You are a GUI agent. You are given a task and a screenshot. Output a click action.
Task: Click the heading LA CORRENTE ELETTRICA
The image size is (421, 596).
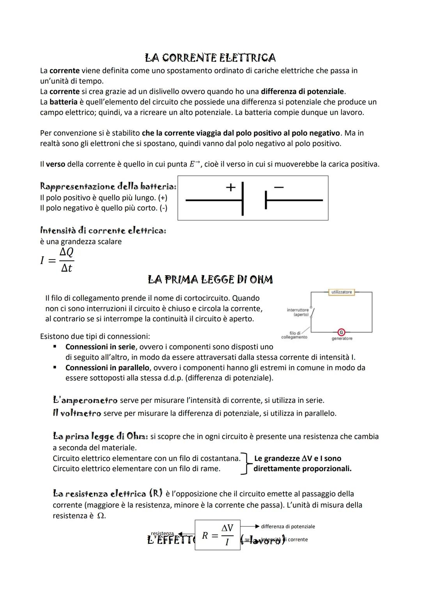[x=210, y=58]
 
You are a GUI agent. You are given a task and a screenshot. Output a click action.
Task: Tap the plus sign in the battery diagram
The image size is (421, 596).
[x=231, y=187]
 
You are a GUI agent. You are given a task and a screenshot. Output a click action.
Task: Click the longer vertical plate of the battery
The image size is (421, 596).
[x=242, y=198]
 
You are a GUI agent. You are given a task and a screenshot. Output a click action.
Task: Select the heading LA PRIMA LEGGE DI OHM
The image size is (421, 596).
[x=210, y=279]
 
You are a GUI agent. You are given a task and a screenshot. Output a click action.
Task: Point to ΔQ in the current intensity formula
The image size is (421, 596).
[x=66, y=252]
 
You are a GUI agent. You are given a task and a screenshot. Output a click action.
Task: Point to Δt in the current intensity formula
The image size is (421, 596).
[x=66, y=268]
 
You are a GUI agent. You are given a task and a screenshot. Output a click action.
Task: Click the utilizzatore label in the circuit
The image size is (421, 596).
[x=341, y=292]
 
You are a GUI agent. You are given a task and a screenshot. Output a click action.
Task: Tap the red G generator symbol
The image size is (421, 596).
[x=341, y=332]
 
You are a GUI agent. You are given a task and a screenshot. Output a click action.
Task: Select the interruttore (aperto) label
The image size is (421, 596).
[x=298, y=312]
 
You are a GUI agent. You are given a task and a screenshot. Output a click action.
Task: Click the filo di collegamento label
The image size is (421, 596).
[x=294, y=335]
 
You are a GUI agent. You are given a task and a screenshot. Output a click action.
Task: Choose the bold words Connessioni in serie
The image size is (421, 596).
[x=100, y=347]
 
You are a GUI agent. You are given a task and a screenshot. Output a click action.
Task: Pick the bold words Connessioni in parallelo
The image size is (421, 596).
[x=107, y=368]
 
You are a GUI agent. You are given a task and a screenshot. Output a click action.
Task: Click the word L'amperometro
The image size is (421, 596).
[x=85, y=400]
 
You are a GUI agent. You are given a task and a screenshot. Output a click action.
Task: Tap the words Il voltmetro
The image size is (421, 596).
[x=77, y=413]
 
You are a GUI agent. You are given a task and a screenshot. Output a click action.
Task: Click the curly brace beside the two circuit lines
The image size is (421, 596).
[x=245, y=463]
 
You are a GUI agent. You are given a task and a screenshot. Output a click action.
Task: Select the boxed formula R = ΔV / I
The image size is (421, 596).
[x=218, y=535]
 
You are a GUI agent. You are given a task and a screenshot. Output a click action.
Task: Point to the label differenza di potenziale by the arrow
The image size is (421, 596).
[x=288, y=527]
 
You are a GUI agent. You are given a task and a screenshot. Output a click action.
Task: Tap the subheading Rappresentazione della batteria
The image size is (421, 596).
[x=108, y=187]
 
